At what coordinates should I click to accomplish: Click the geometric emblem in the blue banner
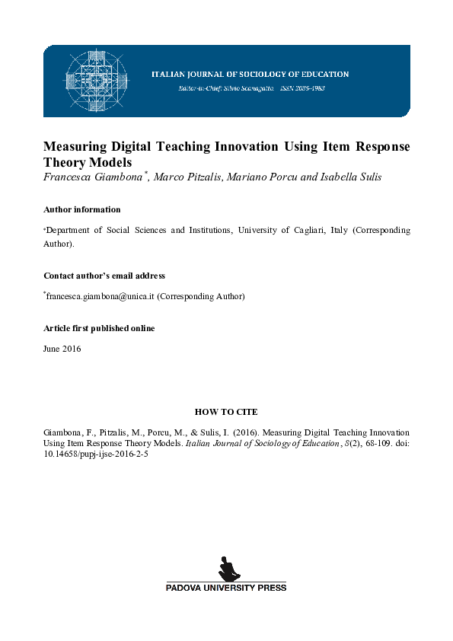tap(96, 80)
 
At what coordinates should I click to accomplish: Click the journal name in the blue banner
tap(250, 75)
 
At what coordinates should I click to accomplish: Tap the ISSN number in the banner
tap(299, 88)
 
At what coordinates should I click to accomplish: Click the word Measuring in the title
tap(74, 146)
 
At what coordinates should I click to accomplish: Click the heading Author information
tap(81, 209)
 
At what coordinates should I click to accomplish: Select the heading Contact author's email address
tap(104, 276)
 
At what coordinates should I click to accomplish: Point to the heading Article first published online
tap(99, 328)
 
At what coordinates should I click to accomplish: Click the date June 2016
tap(62, 349)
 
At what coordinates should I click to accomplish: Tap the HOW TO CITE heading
tap(226, 411)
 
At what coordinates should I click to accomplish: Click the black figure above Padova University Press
tap(226, 568)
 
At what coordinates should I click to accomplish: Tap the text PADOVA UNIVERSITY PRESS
tap(226, 588)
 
